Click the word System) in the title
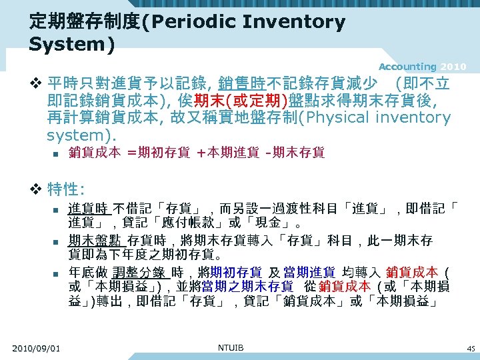pyautogui.click(x=72, y=45)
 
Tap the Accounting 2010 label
pyautogui.click(x=423, y=67)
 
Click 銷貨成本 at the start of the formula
pyautogui.click(x=95, y=153)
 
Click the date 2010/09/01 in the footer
pyautogui.click(x=36, y=348)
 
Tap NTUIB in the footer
pyautogui.click(x=231, y=347)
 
